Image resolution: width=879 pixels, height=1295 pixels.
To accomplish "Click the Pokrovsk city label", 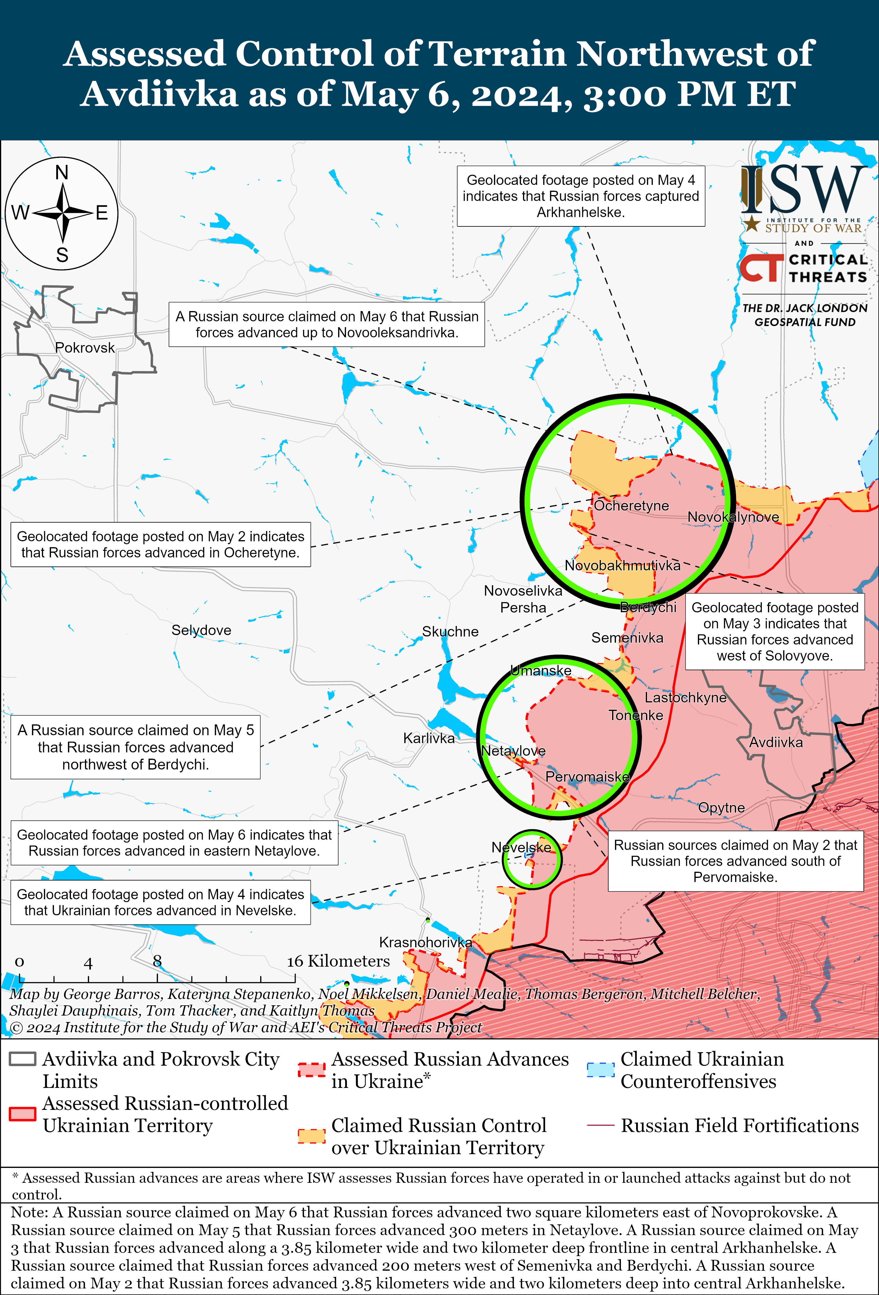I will click(85, 348).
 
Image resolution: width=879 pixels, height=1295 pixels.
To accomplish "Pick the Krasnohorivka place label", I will click(425, 942).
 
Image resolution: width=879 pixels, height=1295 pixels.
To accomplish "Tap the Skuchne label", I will click(450, 631).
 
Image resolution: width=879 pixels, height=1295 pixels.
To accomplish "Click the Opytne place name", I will click(721, 807).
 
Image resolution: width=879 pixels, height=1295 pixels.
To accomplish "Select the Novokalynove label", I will click(733, 517).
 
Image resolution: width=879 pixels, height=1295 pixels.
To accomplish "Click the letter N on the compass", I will click(62, 173).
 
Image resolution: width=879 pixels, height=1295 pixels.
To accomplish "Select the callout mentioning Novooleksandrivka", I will click(327, 324).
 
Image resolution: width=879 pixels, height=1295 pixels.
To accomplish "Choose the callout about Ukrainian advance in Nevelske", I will click(161, 902).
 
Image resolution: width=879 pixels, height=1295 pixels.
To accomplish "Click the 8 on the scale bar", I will click(157, 961).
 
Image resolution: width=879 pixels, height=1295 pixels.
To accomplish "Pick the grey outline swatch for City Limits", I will click(23, 1059).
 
